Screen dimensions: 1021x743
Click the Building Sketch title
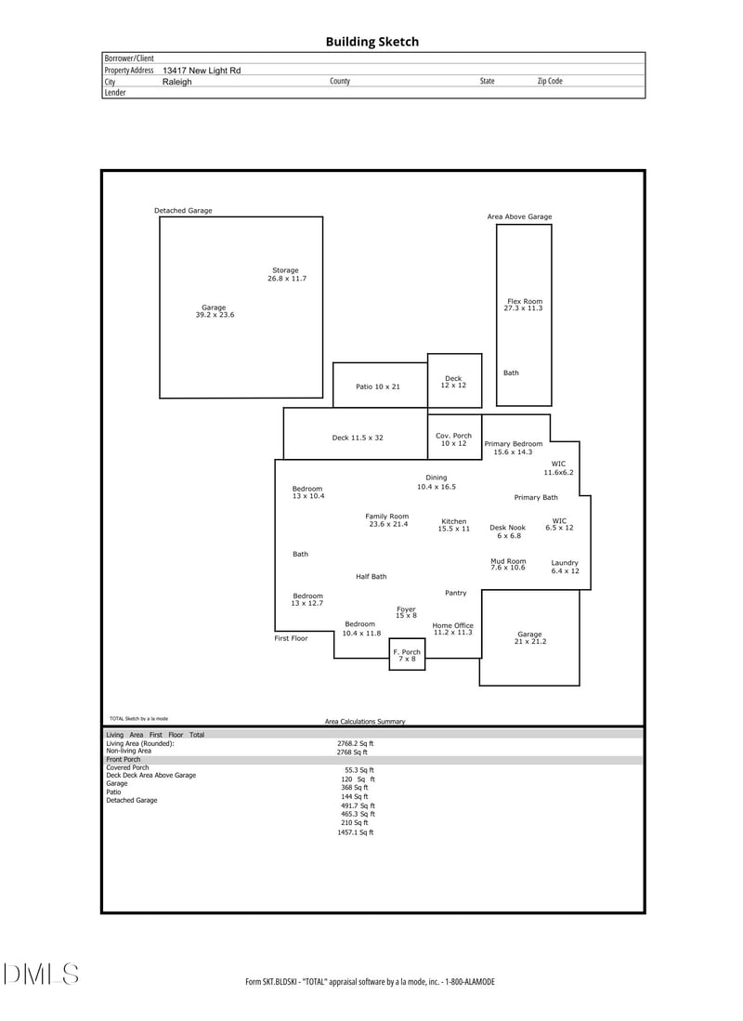(371, 42)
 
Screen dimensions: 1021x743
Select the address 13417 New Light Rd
(202, 71)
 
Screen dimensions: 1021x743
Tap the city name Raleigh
(177, 82)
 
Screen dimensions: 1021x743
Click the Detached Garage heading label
(183, 211)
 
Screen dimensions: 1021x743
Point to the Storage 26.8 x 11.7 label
(286, 274)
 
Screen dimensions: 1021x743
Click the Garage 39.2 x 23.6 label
(214, 311)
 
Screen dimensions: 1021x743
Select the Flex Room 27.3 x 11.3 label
(524, 305)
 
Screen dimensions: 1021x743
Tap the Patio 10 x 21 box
(379, 386)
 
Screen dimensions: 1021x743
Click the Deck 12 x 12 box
(453, 381)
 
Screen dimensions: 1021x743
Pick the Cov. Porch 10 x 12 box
(453, 439)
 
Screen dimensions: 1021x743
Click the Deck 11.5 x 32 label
(358, 438)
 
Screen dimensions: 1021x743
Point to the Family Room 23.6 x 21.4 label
(387, 520)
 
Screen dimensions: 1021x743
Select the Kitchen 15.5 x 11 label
(454, 525)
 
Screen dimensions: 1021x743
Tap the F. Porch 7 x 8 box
(407, 655)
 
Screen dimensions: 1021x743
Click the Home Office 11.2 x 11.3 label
(453, 629)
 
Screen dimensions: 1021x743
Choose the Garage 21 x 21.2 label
(529, 637)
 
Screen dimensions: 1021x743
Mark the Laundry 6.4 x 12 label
(565, 567)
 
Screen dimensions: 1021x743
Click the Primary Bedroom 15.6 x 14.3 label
(514, 448)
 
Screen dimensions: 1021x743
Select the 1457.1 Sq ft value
(356, 832)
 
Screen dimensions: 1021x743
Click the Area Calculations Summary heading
(365, 721)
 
